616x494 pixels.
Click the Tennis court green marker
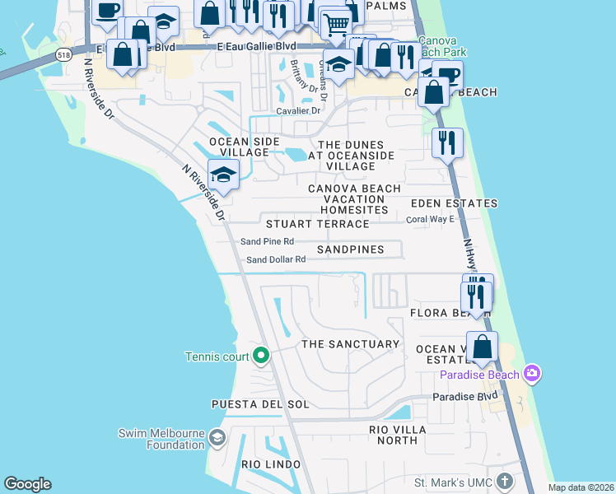pyautogui.click(x=261, y=356)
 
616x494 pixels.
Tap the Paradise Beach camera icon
pyautogui.click(x=531, y=374)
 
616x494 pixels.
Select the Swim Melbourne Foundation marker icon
pyautogui.click(x=217, y=436)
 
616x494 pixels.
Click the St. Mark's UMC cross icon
pyautogui.click(x=505, y=481)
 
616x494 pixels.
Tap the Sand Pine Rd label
pyautogui.click(x=267, y=241)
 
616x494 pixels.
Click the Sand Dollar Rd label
pyautogui.click(x=276, y=259)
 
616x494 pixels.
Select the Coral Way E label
pyautogui.click(x=430, y=220)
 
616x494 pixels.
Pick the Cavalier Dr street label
pyautogui.click(x=298, y=110)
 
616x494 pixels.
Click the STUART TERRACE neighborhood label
pyautogui.click(x=317, y=224)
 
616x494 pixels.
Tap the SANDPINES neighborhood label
pyautogui.click(x=350, y=249)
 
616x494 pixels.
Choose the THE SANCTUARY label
pyautogui.click(x=350, y=344)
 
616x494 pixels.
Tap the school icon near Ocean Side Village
pyautogui.click(x=223, y=174)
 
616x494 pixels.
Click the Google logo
pyautogui.click(x=27, y=484)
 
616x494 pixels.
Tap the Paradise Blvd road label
pyautogui.click(x=466, y=397)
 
